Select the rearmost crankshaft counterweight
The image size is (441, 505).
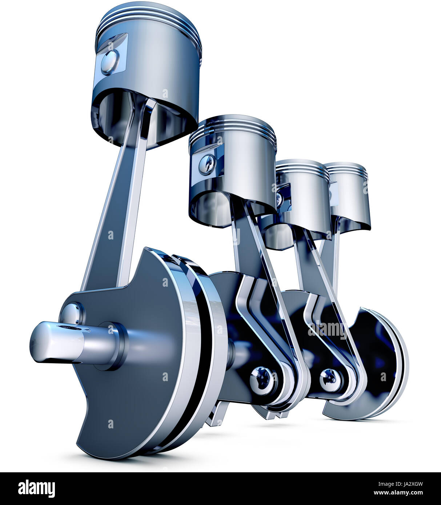pyautogui.click(x=378, y=367)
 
